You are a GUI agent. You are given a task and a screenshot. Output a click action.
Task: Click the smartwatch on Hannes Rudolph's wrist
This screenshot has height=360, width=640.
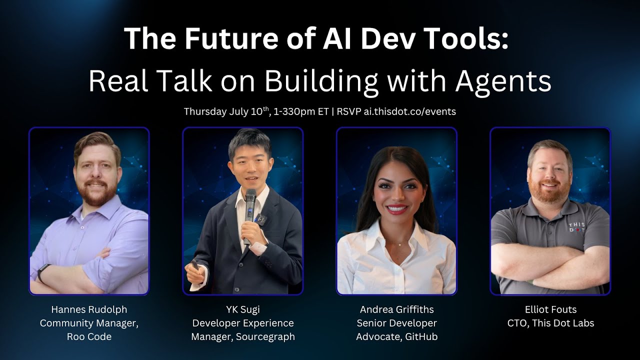(x=43, y=272)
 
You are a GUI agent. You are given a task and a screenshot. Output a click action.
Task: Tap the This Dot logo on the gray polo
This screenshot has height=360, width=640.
(x=576, y=228)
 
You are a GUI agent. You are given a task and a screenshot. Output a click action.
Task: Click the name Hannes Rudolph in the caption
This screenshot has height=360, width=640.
(x=89, y=309)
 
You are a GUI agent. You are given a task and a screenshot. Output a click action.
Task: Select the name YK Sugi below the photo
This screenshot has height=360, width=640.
(x=242, y=309)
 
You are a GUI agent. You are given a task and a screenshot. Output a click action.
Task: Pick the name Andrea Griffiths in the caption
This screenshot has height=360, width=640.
(x=396, y=309)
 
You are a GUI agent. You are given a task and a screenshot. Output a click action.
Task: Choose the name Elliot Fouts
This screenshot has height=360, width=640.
(x=550, y=309)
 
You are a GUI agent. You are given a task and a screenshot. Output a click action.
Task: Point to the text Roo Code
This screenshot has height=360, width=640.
(x=89, y=336)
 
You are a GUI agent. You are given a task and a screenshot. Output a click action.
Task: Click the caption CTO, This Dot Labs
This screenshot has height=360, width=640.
(x=550, y=323)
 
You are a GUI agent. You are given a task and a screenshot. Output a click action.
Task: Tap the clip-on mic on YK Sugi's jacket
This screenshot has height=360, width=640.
(x=259, y=218)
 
